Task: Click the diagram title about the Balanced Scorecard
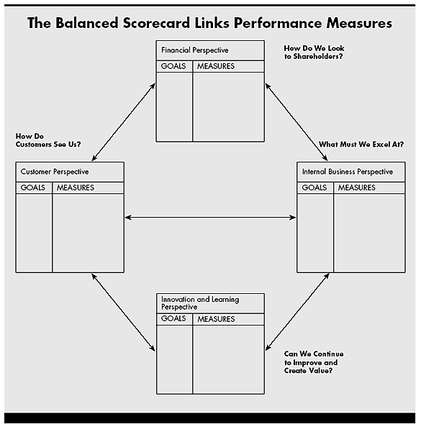coord(209,23)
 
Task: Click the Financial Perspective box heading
coord(195,50)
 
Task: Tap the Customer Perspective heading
coord(55,172)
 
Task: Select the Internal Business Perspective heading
coord(348,172)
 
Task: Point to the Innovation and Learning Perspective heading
coord(200,303)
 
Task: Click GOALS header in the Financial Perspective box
coord(173,66)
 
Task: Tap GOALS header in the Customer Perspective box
coord(33,188)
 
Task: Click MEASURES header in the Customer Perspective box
coord(75,188)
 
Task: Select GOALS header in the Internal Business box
coord(314,188)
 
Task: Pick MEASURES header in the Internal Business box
coord(356,188)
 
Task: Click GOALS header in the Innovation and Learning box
coord(173,319)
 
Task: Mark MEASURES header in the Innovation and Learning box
coord(216,319)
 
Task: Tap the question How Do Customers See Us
coord(47,139)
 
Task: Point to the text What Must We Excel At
coord(361,144)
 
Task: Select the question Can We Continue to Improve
coord(314,362)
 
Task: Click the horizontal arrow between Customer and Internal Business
coord(210,217)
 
